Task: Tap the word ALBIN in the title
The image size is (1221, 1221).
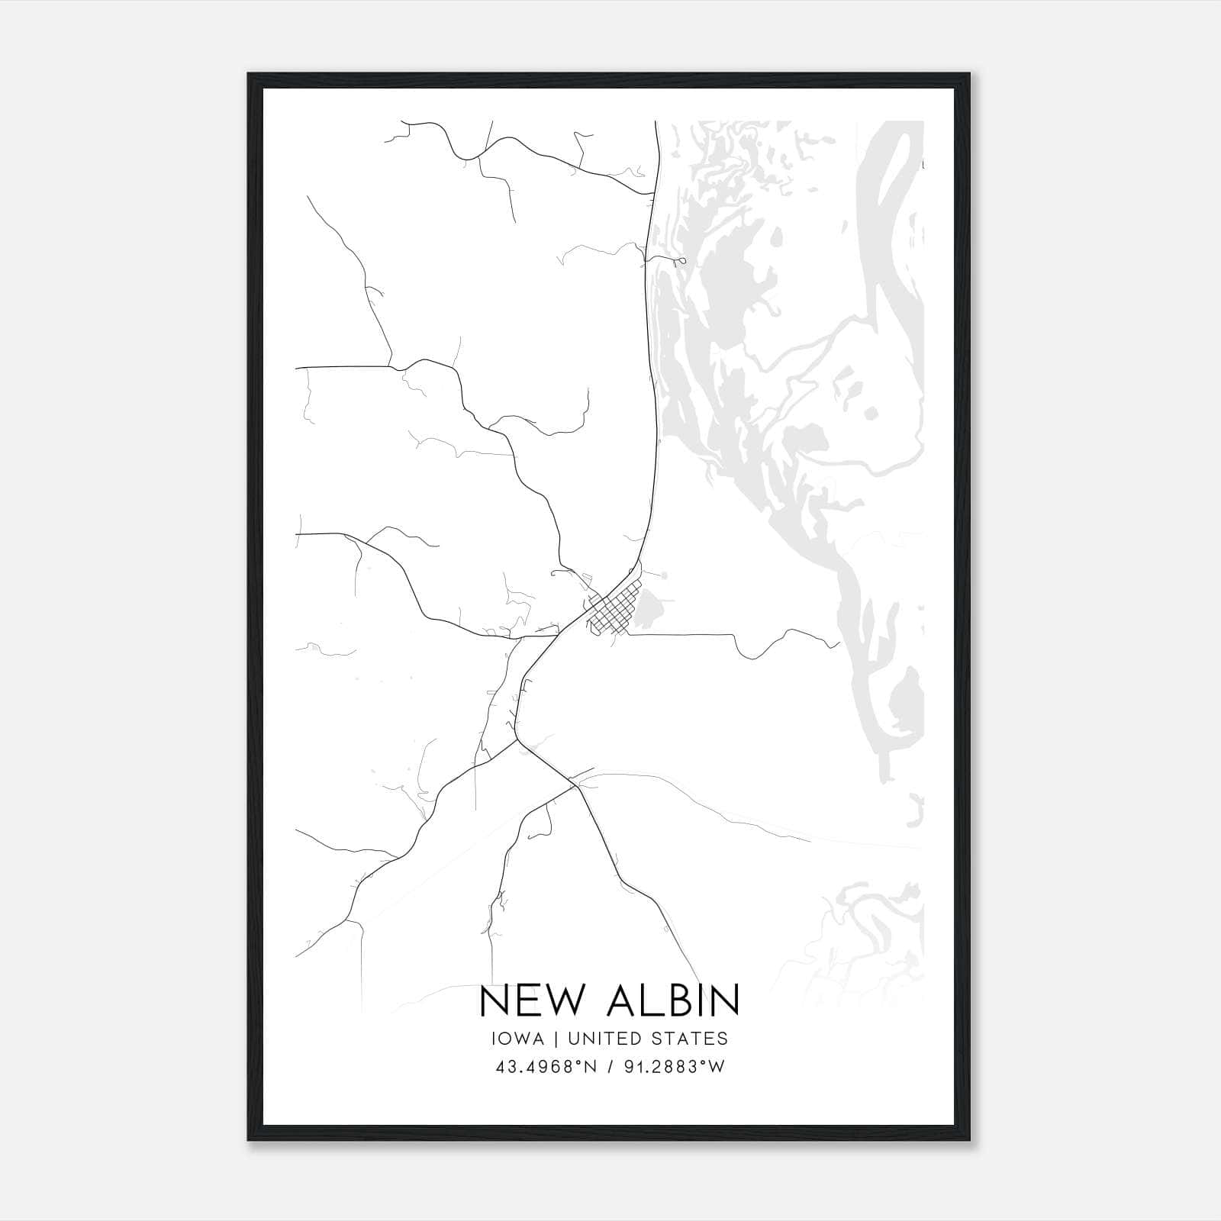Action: point(672,1000)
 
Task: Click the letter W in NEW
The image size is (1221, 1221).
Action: point(565,1000)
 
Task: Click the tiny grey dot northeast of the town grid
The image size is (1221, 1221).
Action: point(665,574)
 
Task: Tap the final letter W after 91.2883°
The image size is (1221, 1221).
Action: point(717,1067)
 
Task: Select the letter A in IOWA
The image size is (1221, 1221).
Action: point(539,1039)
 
